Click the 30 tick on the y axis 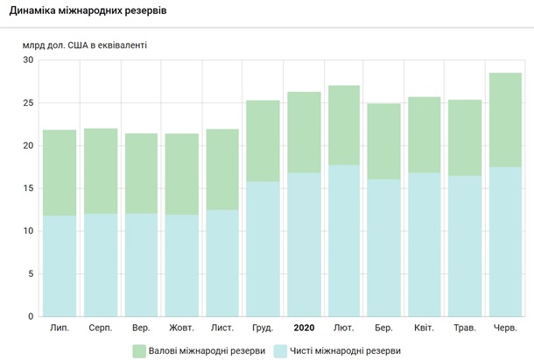(28, 60)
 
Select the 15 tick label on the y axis (28, 188)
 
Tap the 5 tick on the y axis (31, 274)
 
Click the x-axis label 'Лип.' (60, 328)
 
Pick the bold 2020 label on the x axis (305, 328)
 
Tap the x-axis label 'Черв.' (505, 328)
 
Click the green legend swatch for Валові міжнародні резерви (140, 350)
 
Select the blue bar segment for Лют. (345, 240)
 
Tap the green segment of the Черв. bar (505, 120)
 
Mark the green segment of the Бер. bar (383, 141)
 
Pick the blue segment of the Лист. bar (222, 263)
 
